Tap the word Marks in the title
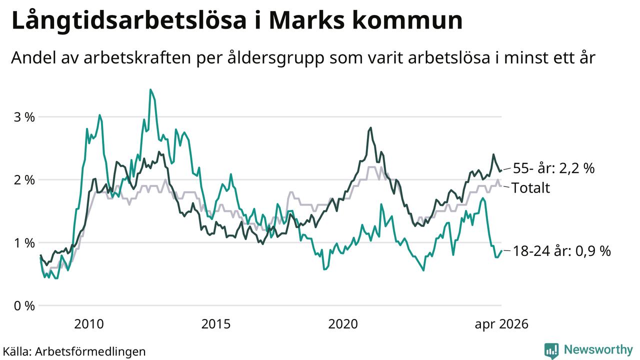[306, 20]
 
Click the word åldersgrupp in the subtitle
[276, 58]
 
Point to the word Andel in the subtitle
[33, 57]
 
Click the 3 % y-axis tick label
[24, 117]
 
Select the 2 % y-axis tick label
[24, 180]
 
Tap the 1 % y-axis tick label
[24, 243]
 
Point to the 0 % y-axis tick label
[24, 306]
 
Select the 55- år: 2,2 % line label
[553, 168]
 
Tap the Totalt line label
[530, 188]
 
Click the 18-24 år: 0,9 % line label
[561, 251]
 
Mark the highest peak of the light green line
[150, 89]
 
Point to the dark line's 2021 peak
[370, 127]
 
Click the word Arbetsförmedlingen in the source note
[90, 351]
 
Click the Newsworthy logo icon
[551, 350]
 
